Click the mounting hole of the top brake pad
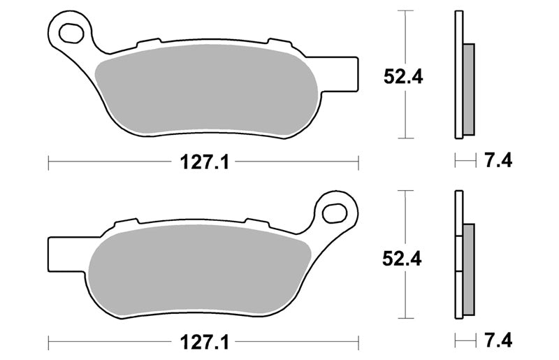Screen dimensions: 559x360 click(71, 33)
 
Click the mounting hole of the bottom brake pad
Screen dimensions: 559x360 click(335, 213)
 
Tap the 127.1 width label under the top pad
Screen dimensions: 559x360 click(204, 162)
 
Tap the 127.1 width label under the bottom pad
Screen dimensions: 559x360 click(204, 343)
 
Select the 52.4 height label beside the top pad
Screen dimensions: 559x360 click(403, 76)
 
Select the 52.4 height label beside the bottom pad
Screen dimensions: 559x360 click(402, 259)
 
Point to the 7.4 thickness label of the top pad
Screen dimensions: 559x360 click(498, 161)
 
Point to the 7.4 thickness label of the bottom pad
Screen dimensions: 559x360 click(498, 340)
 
